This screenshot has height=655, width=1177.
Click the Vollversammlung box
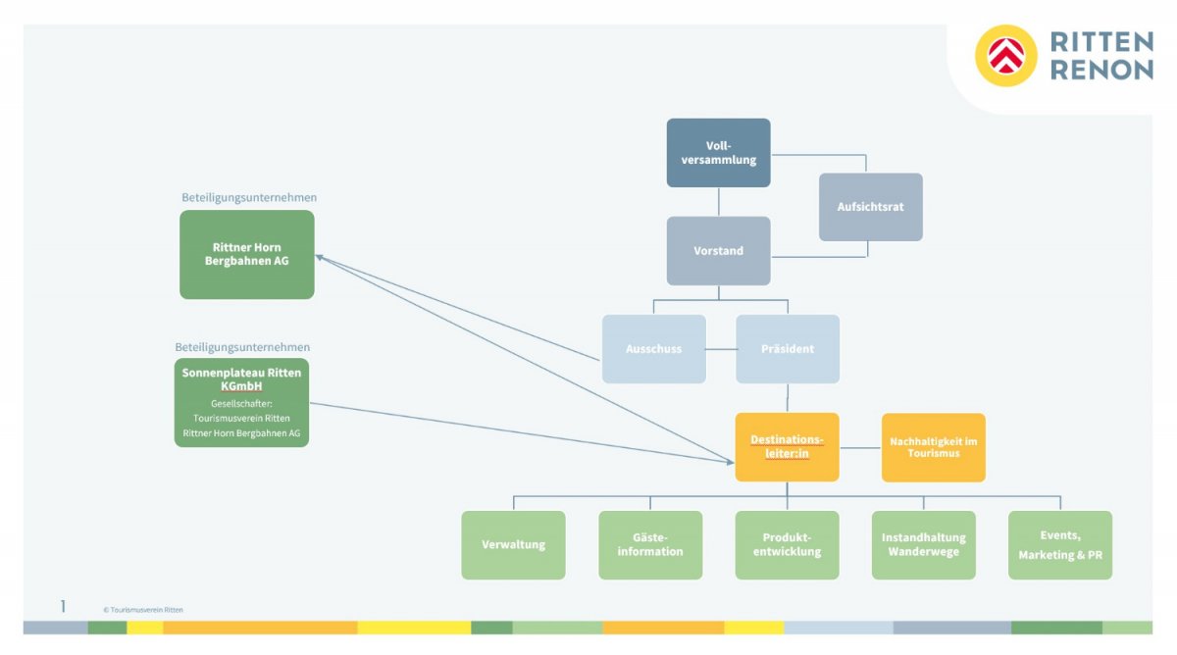(718, 153)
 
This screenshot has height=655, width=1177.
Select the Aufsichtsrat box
(870, 207)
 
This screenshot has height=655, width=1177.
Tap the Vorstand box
(718, 251)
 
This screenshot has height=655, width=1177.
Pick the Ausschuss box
(653, 349)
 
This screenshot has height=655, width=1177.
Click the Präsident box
(788, 349)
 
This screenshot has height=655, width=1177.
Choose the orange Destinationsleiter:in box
(787, 447)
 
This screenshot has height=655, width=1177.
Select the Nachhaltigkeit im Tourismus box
(933, 447)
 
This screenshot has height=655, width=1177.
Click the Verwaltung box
(513, 545)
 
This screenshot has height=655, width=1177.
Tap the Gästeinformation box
(650, 545)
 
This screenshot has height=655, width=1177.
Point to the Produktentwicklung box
(787, 545)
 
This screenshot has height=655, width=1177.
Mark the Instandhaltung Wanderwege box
(923, 545)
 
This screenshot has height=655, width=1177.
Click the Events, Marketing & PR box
(1059, 545)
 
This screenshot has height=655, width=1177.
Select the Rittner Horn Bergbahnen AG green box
(246, 254)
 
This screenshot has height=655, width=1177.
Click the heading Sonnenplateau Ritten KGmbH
(241, 379)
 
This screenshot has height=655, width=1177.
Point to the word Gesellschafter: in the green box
(241, 403)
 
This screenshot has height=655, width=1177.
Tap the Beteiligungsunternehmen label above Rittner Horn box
(248, 197)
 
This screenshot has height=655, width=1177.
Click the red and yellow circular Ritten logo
(1005, 56)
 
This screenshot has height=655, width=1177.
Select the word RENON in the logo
(1101, 70)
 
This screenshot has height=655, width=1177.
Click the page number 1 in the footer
(63, 607)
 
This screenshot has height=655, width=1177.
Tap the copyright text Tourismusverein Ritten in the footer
(144, 610)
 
